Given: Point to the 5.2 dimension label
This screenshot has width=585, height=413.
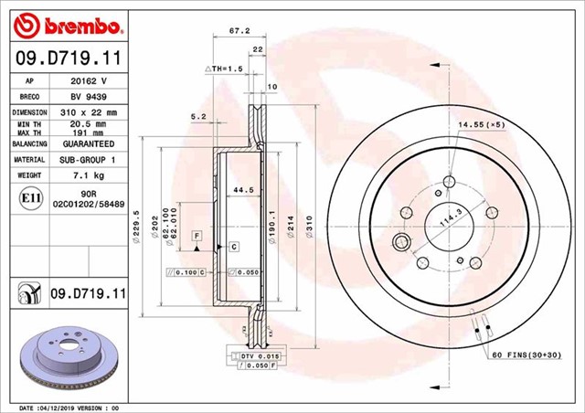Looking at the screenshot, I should [x=198, y=115].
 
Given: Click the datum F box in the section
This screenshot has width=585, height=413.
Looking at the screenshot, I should [x=195, y=237].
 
